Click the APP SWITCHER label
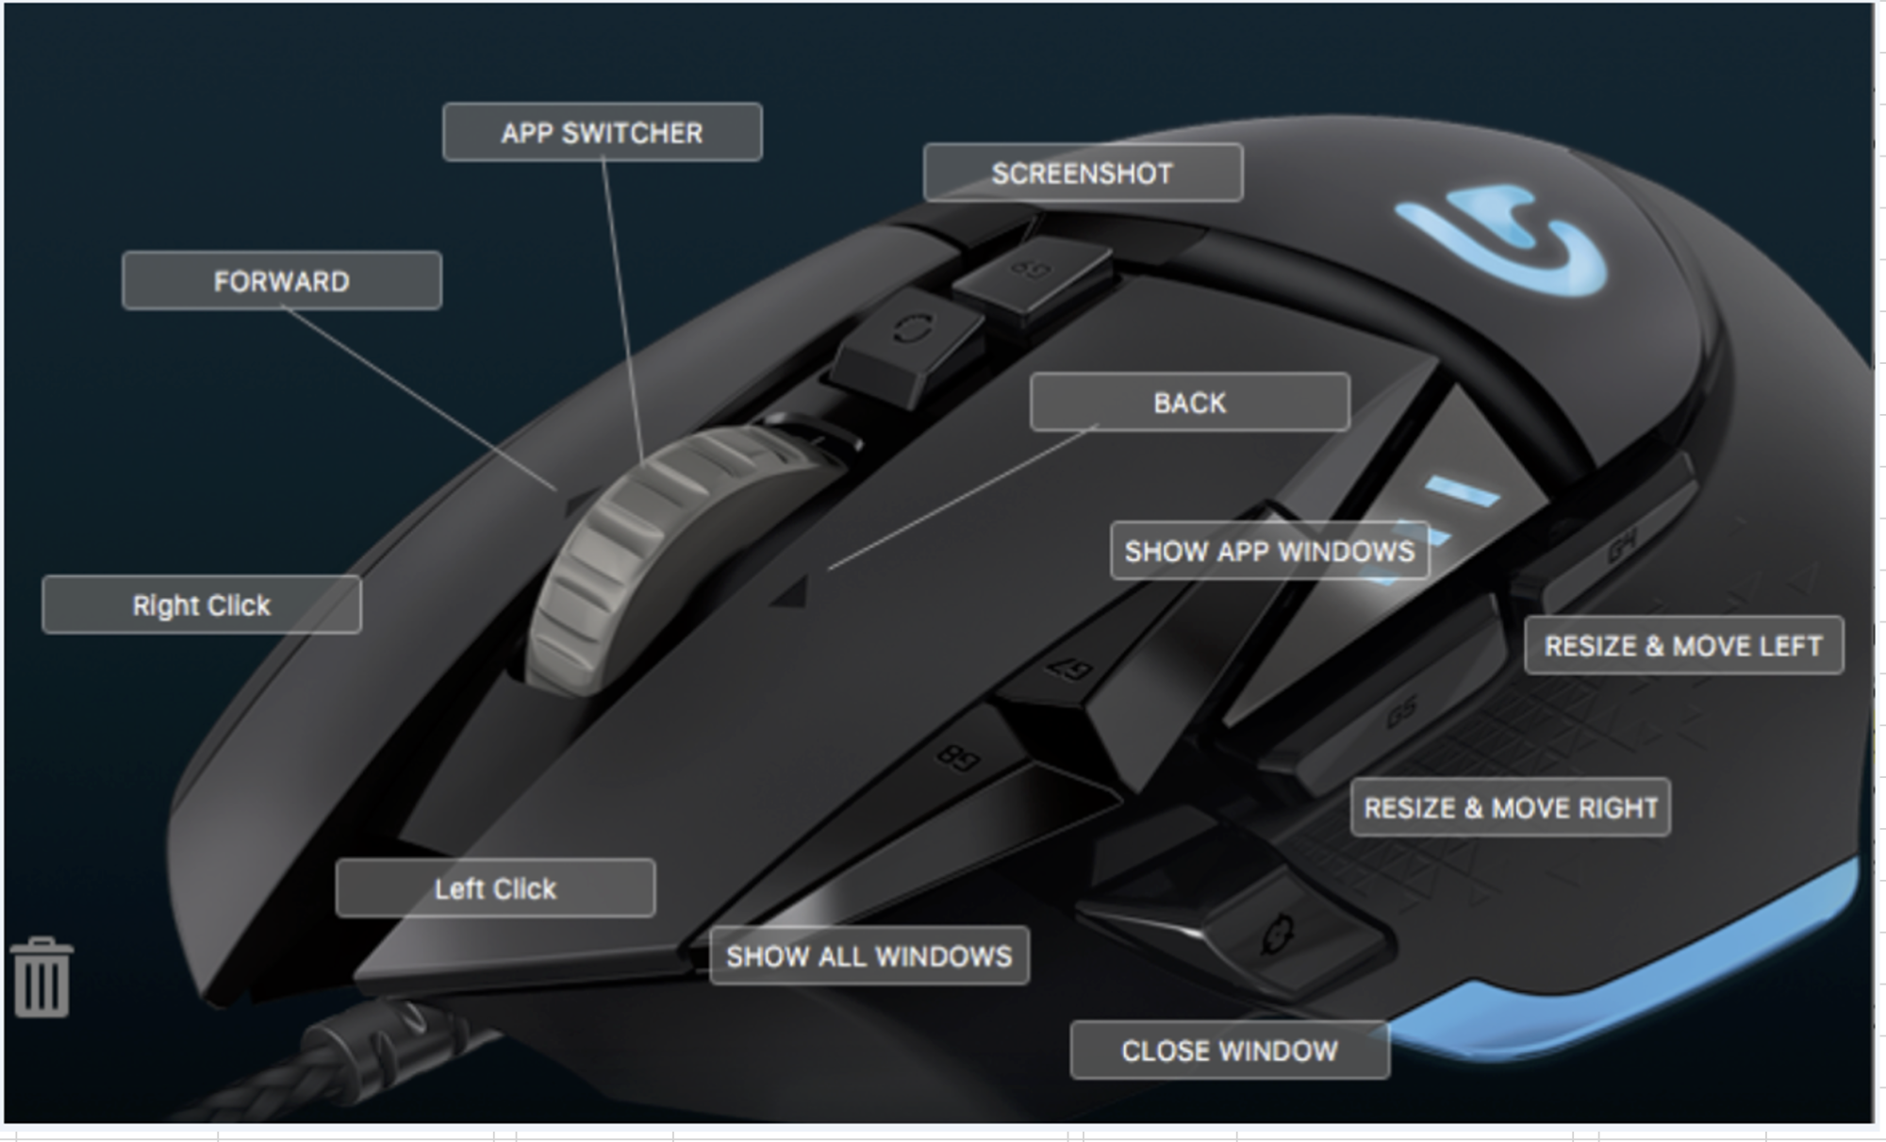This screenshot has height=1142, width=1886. click(x=602, y=133)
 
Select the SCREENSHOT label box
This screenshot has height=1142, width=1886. click(x=1083, y=174)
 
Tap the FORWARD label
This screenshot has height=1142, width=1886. click(x=281, y=281)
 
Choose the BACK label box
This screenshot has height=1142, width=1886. click(x=1189, y=403)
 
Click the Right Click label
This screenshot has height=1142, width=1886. click(x=201, y=605)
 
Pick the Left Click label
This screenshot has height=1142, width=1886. click(x=495, y=888)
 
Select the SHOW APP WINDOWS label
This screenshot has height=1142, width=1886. click(x=1269, y=552)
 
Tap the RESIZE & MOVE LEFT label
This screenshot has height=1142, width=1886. click(x=1683, y=646)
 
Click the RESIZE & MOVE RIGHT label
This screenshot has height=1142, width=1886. click(x=1510, y=808)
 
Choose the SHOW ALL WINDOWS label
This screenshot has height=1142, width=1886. click(x=869, y=956)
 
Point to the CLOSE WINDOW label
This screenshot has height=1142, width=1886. click(x=1229, y=1051)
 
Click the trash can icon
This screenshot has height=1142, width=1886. click(x=41, y=978)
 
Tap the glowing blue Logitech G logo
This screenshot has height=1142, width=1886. click(x=1509, y=240)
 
